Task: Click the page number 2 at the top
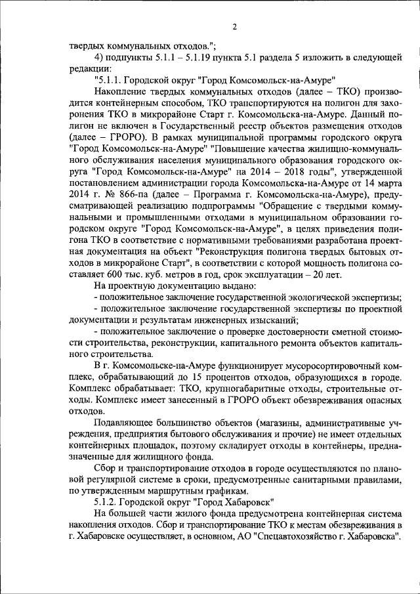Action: click(234, 26)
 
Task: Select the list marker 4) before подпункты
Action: click(100, 57)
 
